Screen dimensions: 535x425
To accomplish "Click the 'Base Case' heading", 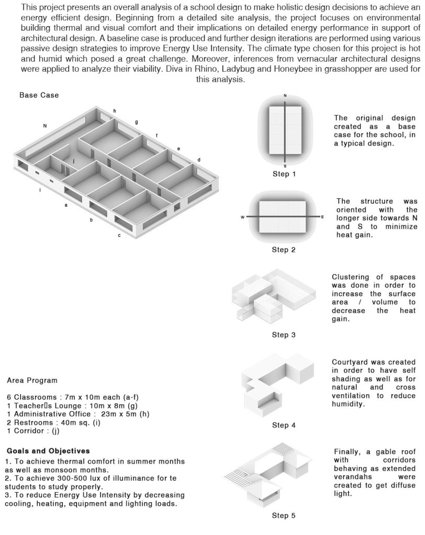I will point(39,95).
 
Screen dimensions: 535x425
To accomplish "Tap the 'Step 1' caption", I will point(284,174).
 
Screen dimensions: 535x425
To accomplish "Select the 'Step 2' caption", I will point(284,249).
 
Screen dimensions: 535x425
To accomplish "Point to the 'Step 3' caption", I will point(284,335).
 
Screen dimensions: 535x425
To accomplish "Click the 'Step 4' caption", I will point(284,425).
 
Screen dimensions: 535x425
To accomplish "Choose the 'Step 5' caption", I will point(284,516).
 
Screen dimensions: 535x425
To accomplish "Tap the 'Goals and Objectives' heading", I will point(48,450).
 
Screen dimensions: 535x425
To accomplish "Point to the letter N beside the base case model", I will point(46,126).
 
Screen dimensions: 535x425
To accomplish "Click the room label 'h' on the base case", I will point(115,111).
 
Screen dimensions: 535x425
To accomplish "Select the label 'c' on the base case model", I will point(119,235).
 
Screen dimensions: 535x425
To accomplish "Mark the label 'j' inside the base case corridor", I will point(74,161).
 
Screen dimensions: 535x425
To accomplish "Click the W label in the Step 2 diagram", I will point(243,217).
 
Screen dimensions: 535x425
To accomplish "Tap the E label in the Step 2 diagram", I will point(322,217).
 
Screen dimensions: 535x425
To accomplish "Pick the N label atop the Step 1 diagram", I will point(285,96).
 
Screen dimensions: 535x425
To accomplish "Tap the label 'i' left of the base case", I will point(40,190).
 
